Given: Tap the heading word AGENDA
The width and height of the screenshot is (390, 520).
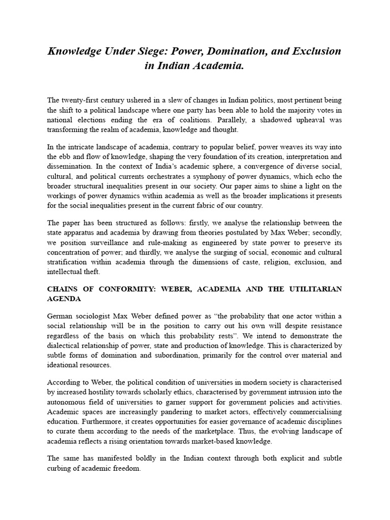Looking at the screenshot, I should pyautogui.click(x=63, y=299).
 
